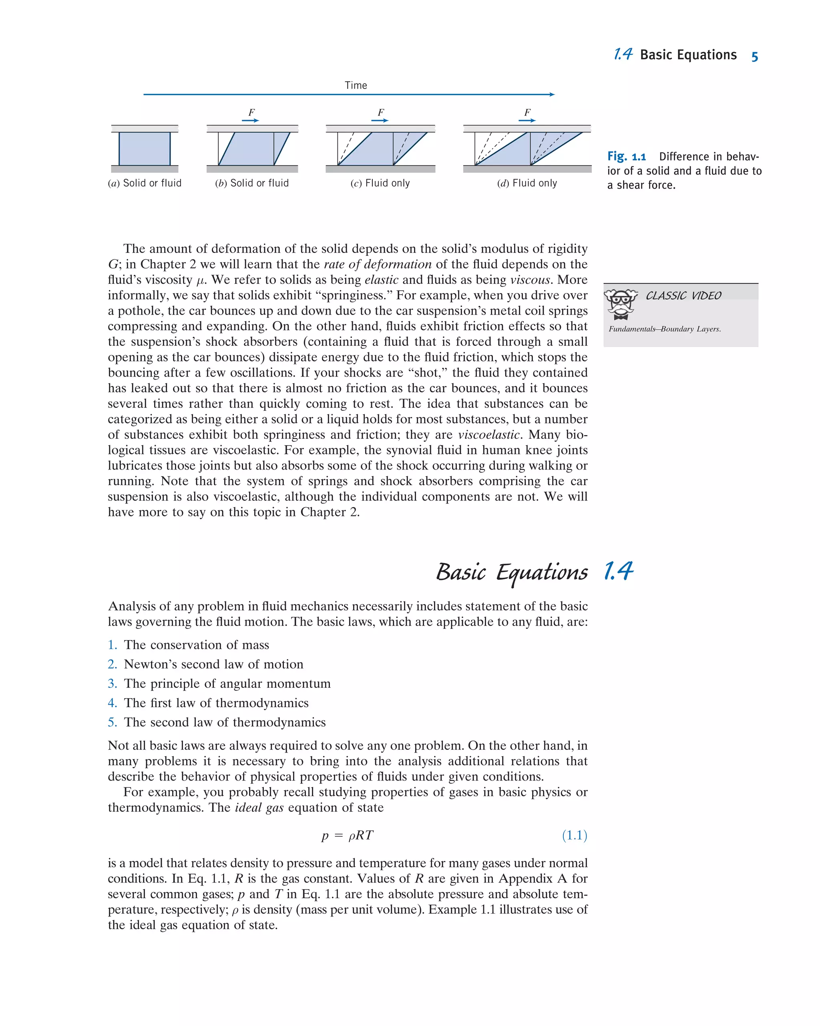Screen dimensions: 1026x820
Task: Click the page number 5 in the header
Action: [754, 56]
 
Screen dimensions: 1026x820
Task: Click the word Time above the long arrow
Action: [356, 85]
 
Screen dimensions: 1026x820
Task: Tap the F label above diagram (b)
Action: [251, 112]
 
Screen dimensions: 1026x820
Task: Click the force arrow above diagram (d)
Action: [527, 121]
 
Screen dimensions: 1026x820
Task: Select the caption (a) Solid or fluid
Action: [145, 183]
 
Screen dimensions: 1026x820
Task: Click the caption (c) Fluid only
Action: [380, 183]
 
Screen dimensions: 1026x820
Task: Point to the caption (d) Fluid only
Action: [527, 183]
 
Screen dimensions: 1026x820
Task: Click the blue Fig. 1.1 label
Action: [626, 157]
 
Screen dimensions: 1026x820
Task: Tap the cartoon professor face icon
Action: [621, 303]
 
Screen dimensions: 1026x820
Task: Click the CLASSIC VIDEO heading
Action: [683, 295]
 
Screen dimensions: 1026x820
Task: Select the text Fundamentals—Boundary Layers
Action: [664, 329]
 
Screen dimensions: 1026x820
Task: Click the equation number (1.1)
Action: [575, 835]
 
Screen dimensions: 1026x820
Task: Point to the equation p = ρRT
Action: [348, 835]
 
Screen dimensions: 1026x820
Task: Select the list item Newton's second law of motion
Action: [214, 665]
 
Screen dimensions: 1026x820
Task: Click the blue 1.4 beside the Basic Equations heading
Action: [618, 571]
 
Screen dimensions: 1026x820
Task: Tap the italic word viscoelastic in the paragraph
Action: [489, 434]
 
